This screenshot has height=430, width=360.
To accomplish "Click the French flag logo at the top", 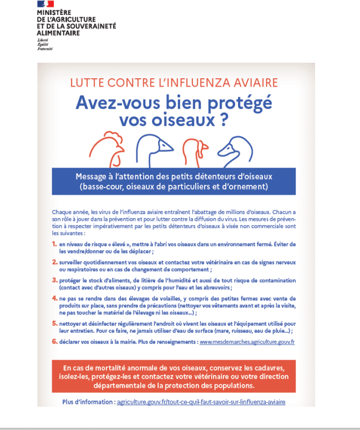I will point(45,4).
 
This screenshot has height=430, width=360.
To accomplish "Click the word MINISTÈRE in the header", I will point(54,12).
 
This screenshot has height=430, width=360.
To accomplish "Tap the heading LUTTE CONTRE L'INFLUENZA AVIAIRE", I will point(174,84).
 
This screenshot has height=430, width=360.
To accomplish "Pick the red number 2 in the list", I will point(54,261).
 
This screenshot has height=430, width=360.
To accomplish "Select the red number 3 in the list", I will point(54,280).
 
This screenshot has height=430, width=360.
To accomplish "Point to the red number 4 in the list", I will point(54,299).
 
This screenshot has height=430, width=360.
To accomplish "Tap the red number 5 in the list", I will point(54,323).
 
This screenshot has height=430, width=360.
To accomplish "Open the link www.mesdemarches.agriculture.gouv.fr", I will point(247,342).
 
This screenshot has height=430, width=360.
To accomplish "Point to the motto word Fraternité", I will point(45,49).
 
